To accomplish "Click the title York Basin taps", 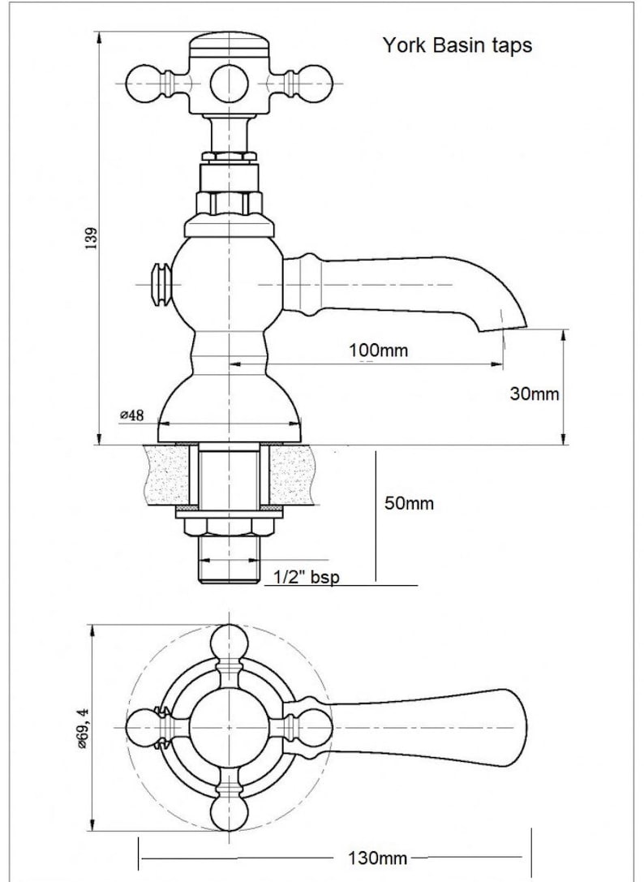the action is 457,45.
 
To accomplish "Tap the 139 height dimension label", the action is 91,239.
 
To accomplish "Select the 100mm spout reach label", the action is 379,351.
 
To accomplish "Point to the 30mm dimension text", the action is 535,394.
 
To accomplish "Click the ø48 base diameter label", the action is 132,415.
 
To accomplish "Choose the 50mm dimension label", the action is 409,503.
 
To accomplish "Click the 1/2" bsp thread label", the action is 307,577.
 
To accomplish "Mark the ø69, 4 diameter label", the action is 84,729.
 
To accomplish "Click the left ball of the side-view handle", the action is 144,84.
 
